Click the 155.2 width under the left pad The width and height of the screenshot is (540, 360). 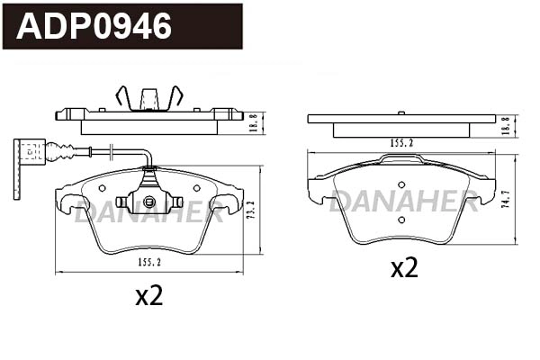(x=148, y=263)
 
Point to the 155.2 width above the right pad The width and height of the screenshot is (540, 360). (x=400, y=142)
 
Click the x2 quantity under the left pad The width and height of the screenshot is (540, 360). (x=148, y=296)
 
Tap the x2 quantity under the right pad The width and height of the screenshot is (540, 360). (x=404, y=267)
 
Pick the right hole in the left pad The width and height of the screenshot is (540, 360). (x=195, y=189)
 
